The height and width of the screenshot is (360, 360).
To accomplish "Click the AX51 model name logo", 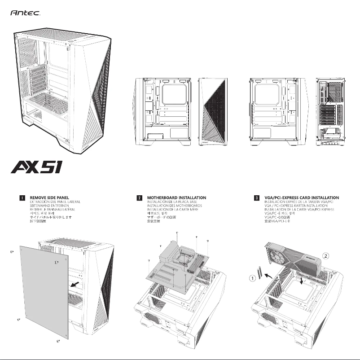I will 36,170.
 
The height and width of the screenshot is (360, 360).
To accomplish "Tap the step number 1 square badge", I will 22,198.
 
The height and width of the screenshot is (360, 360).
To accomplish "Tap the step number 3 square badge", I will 256,198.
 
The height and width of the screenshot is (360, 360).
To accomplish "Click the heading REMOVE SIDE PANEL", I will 49,198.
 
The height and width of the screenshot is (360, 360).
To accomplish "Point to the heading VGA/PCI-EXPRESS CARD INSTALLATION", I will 301,198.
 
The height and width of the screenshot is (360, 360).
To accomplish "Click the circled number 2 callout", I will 326,256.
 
